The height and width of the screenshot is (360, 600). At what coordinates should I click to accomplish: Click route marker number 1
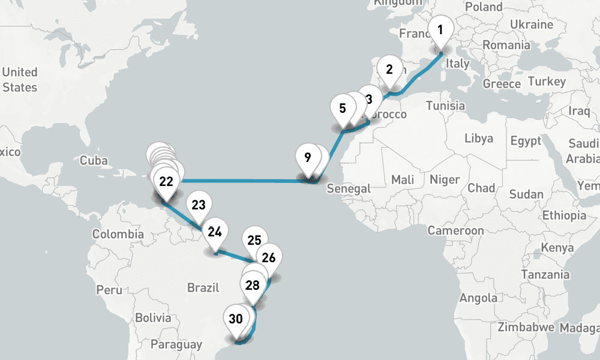pyautogui.click(x=440, y=30)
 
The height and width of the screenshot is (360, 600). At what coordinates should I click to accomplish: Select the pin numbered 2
pyautogui.click(x=389, y=70)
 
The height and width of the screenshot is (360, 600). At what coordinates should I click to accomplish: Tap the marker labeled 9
pyautogui.click(x=307, y=158)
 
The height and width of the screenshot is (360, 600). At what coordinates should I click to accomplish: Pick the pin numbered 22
pyautogui.click(x=166, y=182)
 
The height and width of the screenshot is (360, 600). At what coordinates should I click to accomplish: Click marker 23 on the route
pyautogui.click(x=199, y=205)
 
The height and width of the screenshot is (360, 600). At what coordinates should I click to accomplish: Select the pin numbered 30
pyautogui.click(x=236, y=319)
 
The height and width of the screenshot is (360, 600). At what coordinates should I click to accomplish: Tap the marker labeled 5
pyautogui.click(x=343, y=109)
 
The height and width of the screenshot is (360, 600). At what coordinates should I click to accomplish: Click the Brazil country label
pyautogui.click(x=203, y=287)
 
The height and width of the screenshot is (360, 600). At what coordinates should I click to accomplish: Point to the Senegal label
pyautogui.click(x=349, y=189)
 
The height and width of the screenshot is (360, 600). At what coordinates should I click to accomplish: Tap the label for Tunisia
pyautogui.click(x=446, y=106)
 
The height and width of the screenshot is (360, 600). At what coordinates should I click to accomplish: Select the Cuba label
pyautogui.click(x=94, y=160)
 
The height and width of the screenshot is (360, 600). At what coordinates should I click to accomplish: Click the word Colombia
pyautogui.click(x=118, y=234)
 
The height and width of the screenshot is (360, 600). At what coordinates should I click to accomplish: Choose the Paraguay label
pyautogui.click(x=176, y=344)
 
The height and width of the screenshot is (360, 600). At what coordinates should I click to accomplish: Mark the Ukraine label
pyautogui.click(x=531, y=25)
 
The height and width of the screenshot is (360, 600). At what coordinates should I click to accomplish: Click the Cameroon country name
pyautogui.click(x=455, y=230)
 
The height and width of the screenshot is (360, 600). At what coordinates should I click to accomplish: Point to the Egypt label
pyautogui.click(x=526, y=142)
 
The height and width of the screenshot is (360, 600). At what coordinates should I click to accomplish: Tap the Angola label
pyautogui.click(x=478, y=298)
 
